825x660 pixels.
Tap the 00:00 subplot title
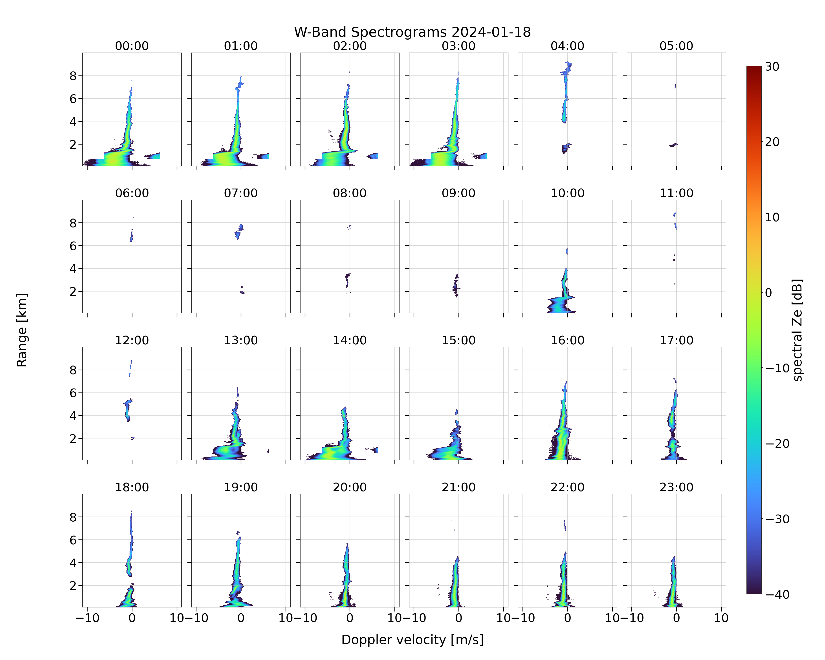coord(132,46)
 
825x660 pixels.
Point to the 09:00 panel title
coord(458,193)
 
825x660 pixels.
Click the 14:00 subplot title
coord(350,340)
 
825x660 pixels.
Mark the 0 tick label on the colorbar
coord(768,293)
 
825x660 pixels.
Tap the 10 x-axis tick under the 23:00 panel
coord(721,618)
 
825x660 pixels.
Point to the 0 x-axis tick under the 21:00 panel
coord(458,618)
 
